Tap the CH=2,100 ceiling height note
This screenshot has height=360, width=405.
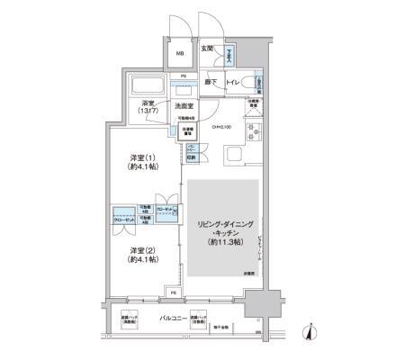pyautogui.click(x=222, y=127)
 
